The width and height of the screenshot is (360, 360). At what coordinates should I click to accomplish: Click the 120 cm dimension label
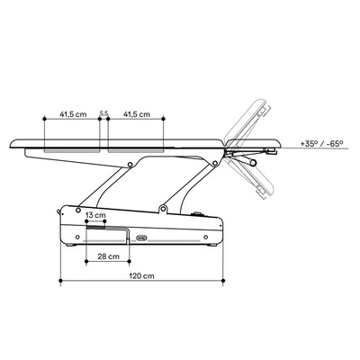coord(141,275)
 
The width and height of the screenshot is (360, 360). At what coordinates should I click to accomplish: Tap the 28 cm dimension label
coord(108,256)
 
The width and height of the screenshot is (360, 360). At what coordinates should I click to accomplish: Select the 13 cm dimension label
coord(95,215)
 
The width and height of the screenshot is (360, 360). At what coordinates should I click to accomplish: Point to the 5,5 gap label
coord(103,113)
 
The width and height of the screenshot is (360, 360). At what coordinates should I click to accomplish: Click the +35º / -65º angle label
coord(321,143)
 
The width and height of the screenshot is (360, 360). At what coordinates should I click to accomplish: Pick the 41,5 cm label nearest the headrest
coord(137,114)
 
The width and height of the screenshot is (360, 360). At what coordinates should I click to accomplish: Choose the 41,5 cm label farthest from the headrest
coord(73,114)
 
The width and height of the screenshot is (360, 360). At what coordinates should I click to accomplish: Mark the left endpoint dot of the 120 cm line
coord(60,281)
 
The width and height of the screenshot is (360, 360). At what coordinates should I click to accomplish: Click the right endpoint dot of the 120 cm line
coord(223,281)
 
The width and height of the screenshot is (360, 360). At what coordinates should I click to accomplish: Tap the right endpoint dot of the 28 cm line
coord(130,261)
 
